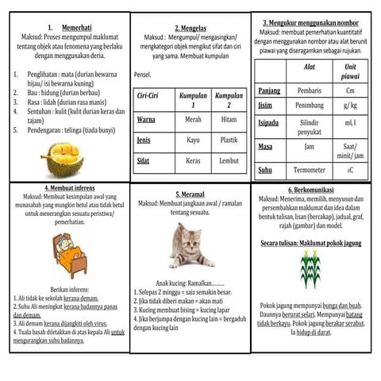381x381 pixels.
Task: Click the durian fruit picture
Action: coord(61,160)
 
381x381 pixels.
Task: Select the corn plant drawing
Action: coord(311,267)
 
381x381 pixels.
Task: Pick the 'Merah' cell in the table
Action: coord(193,119)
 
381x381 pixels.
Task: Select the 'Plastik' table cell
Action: coord(229,140)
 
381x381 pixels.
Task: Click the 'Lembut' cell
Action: coord(229,160)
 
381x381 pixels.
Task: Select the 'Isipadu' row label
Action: coord(268,123)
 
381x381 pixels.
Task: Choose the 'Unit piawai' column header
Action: coord(350,71)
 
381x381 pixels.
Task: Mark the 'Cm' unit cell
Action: coord(350,90)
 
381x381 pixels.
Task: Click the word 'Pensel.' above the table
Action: coord(143,75)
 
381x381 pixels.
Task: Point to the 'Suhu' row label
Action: coord(264,169)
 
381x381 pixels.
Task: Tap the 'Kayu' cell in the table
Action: coord(193,140)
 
